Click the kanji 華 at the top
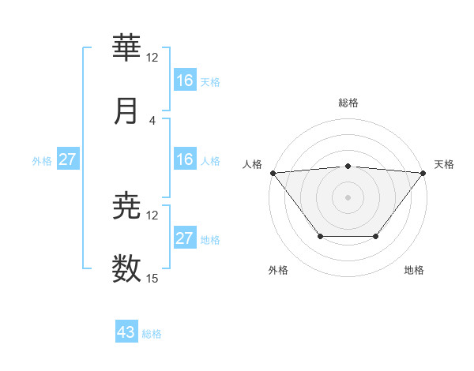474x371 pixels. tap(127, 49)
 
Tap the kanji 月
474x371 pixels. tap(127, 111)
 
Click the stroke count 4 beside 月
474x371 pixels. tap(152, 120)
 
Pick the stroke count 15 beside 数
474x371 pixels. tap(152, 278)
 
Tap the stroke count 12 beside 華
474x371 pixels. tap(152, 58)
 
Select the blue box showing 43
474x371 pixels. tap(126, 332)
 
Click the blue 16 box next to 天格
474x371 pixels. tap(185, 81)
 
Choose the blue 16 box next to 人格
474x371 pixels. tap(185, 159)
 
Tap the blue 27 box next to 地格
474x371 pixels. tap(185, 238)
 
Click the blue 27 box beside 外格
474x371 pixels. tap(68, 159)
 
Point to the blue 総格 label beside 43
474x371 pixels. tap(152, 334)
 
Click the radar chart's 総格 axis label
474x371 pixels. tap(348, 103)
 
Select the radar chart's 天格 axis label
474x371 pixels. tap(444, 164)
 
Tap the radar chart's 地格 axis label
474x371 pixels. tap(414, 270)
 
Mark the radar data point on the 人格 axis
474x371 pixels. tap(273, 173)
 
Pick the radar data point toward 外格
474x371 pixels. tap(320, 236)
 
